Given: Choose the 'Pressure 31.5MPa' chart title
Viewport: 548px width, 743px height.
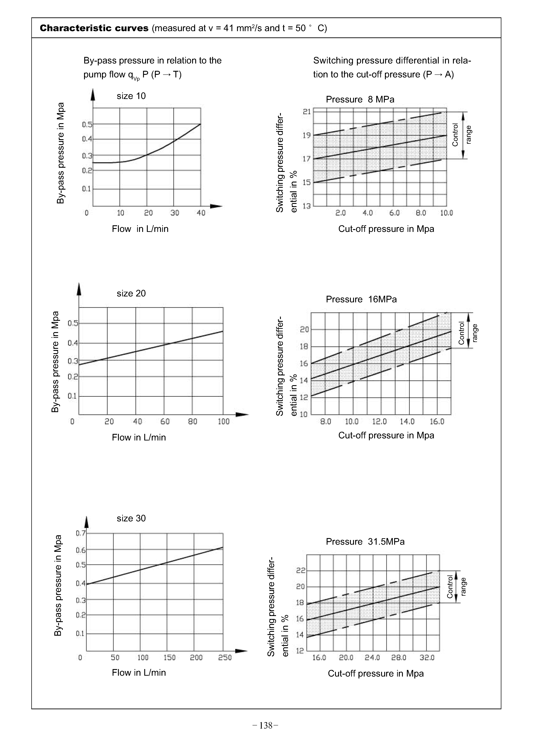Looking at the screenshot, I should pyautogui.click(x=365, y=542).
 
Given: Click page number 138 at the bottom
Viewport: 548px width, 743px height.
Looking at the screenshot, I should pyautogui.click(x=265, y=726).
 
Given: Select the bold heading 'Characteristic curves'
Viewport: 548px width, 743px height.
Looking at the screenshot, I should pyautogui.click(x=94, y=28).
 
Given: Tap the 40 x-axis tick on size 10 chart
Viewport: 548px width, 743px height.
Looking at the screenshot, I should pyautogui.click(x=201, y=213).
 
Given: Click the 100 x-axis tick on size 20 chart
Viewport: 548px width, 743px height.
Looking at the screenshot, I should pyautogui.click(x=224, y=422).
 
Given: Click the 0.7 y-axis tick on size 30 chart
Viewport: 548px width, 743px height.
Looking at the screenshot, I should pyautogui.click(x=81, y=534).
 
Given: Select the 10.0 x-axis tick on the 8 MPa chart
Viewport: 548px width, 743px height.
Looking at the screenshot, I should pyautogui.click(x=447, y=213).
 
